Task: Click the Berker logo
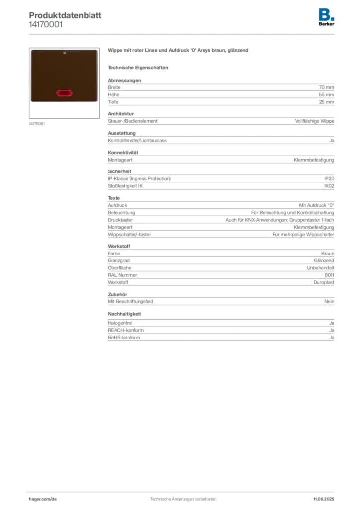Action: [x=326, y=17]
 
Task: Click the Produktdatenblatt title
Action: [x=65, y=15]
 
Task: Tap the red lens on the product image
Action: [x=64, y=93]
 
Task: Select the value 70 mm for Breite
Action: [x=326, y=87]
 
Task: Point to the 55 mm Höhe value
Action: [x=326, y=95]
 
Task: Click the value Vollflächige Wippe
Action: [x=315, y=121]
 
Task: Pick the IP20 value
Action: [x=329, y=179]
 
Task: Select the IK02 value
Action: [x=329, y=186]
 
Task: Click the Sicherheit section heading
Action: [x=120, y=171]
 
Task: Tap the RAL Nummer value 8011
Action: [x=329, y=275]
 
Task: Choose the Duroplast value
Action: [x=324, y=282]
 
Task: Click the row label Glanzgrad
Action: [x=119, y=260]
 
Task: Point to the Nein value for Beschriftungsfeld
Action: [x=329, y=301]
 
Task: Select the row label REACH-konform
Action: [x=126, y=330]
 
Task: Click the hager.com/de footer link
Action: [x=43, y=499]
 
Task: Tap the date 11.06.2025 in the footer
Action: [x=324, y=499]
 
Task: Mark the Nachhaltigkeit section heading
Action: [x=125, y=314]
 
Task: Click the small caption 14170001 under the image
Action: [x=37, y=124]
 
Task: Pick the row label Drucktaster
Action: [x=120, y=220]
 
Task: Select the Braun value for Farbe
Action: [x=328, y=253]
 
